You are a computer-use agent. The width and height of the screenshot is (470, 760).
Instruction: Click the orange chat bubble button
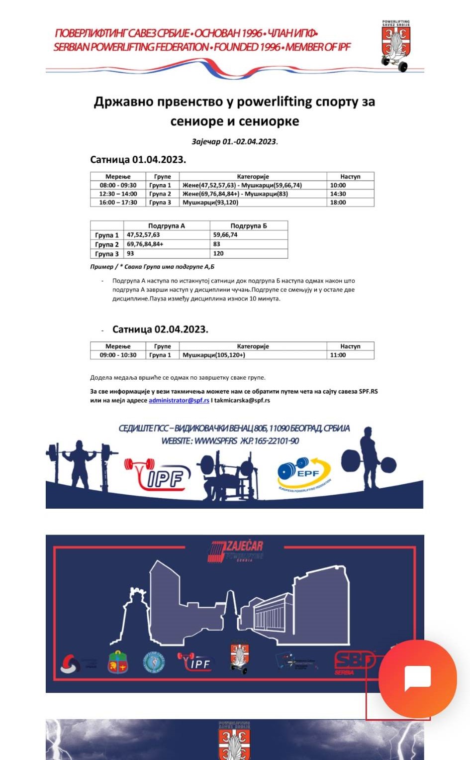click(x=417, y=679)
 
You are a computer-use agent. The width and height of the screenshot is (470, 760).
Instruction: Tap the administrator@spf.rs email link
click(x=179, y=400)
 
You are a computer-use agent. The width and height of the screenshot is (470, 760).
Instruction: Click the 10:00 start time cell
click(x=338, y=185)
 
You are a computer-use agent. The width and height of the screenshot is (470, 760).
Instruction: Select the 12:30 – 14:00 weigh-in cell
click(x=118, y=194)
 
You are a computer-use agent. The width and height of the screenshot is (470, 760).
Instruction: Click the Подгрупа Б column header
click(x=248, y=225)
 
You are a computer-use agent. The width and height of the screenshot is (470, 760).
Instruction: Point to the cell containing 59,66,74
click(x=225, y=235)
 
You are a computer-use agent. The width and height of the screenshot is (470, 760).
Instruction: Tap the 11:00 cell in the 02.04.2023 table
click(x=338, y=355)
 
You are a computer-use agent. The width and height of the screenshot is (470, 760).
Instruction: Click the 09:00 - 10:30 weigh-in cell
click(x=118, y=355)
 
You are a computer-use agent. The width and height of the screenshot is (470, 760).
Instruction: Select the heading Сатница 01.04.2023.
click(x=138, y=160)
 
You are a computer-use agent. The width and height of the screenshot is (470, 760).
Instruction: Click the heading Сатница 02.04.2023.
click(x=160, y=329)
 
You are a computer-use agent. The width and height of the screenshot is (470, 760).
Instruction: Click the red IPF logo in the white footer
click(x=158, y=475)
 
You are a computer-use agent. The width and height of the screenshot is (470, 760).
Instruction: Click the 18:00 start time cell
click(x=338, y=203)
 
